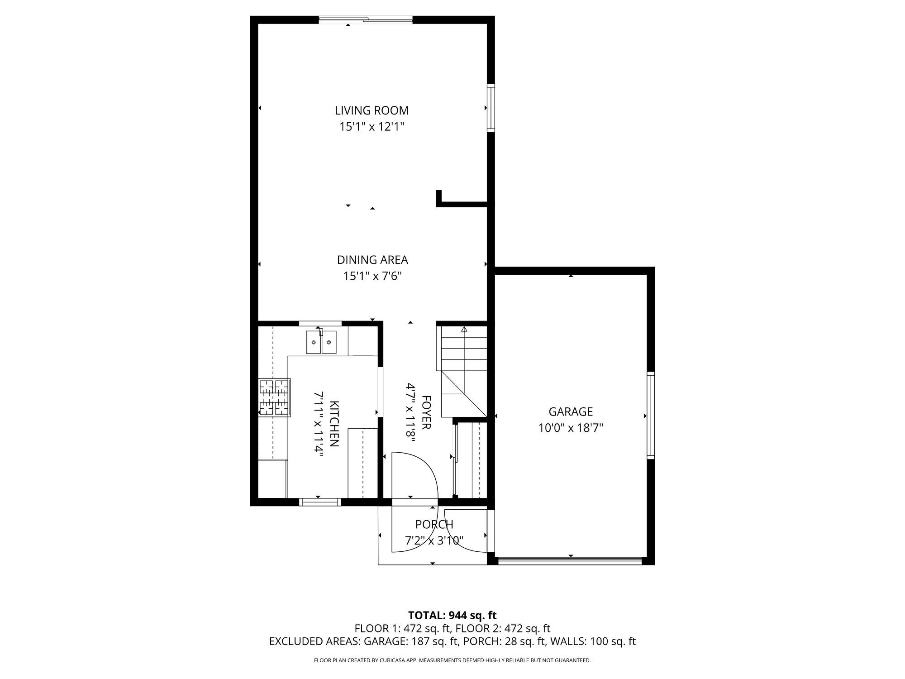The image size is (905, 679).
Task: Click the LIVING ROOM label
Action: point(372,110)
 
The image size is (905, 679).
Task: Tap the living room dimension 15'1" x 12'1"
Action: point(372,127)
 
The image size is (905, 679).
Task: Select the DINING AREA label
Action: point(372,260)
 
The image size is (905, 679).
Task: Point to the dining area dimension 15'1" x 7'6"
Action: point(372,276)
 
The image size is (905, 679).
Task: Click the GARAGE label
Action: point(571,412)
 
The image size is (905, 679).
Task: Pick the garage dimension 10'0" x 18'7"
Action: point(571,428)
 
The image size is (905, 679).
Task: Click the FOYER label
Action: point(426,412)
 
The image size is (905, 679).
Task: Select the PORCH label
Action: point(434,525)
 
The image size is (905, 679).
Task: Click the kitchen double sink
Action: point(321,342)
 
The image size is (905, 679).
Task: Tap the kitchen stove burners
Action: point(274,397)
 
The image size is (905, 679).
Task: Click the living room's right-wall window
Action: point(491,108)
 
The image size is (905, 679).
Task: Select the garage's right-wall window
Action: point(651,415)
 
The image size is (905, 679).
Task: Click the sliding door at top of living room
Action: point(366,19)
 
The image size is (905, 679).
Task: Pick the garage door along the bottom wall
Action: point(570,561)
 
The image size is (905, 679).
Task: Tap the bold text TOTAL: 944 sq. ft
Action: point(452,616)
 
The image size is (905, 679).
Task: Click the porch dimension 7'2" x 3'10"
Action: point(434,540)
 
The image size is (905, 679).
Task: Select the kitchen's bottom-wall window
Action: point(320,502)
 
